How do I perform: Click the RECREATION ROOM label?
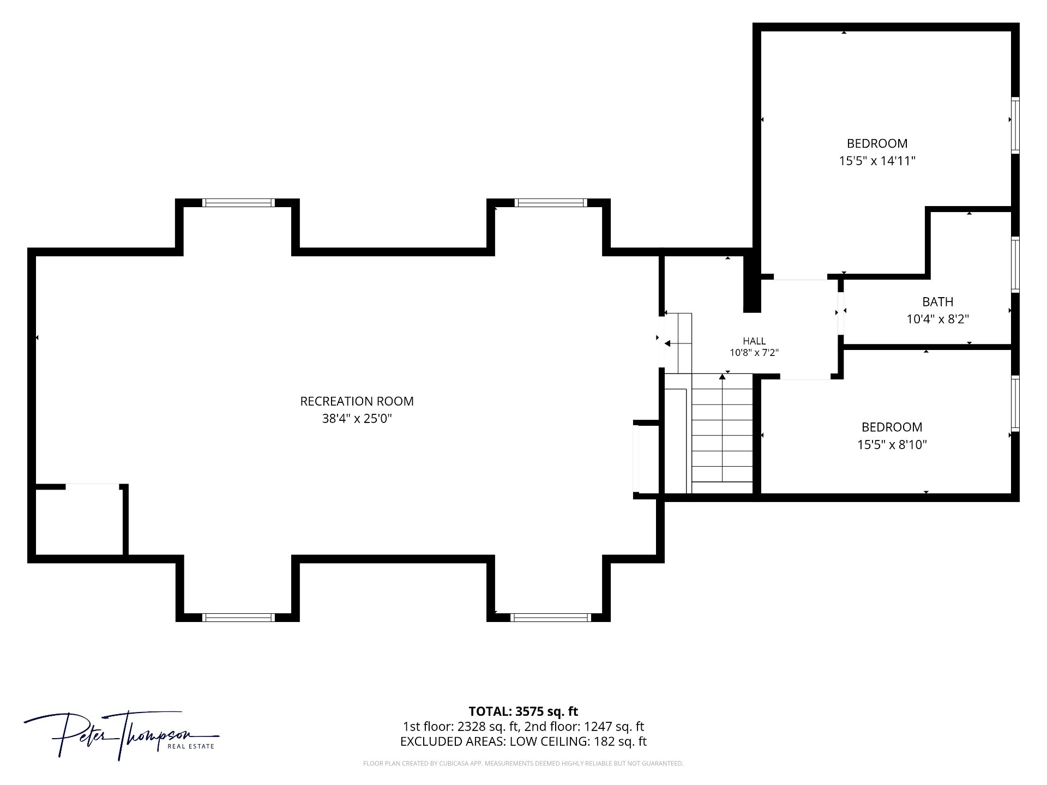pyautogui.click(x=357, y=401)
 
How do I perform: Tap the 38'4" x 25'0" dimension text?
pyautogui.click(x=357, y=419)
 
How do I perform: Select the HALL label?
pyautogui.click(x=754, y=341)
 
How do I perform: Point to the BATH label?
pyautogui.click(x=938, y=301)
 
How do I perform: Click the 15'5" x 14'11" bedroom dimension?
pyautogui.click(x=877, y=161)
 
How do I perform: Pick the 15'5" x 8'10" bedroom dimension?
pyautogui.click(x=892, y=445)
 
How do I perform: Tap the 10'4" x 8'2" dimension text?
pyautogui.click(x=938, y=319)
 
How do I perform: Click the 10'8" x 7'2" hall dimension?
pyautogui.click(x=754, y=353)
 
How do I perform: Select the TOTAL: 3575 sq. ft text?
pyautogui.click(x=523, y=711)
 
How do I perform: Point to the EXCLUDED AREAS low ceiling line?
pyautogui.click(x=523, y=741)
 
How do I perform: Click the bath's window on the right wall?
pyautogui.click(x=1015, y=265)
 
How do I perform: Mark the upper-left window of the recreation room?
pyautogui.click(x=238, y=203)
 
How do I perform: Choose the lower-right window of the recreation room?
pyautogui.click(x=551, y=617)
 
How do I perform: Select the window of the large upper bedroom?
pyautogui.click(x=1015, y=125)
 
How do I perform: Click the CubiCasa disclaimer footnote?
pyautogui.click(x=523, y=764)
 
